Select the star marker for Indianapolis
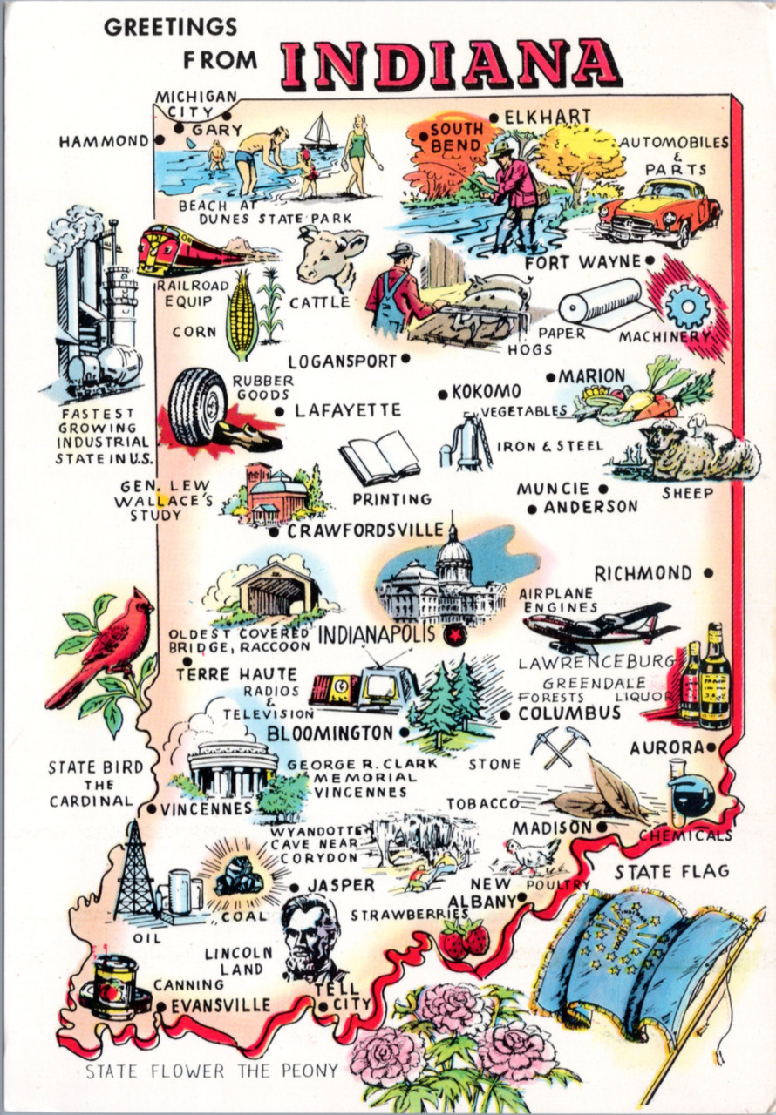454,636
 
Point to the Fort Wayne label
583,261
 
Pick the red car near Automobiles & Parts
660,210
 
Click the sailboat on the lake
320,132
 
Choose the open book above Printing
379,456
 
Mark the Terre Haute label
235,674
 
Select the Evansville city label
221,1004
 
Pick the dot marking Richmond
708,573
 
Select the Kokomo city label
486,392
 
